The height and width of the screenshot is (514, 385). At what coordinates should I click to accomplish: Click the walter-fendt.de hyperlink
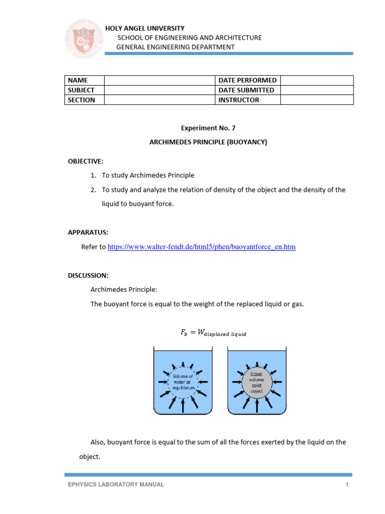click(202, 247)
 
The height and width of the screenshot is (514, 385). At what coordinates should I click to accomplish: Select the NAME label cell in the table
click(84, 80)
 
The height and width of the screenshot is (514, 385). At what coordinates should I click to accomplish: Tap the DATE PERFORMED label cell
click(247, 80)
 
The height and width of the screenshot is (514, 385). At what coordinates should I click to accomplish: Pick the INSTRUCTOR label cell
click(247, 100)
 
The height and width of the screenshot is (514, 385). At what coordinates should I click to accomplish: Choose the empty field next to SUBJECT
click(159, 90)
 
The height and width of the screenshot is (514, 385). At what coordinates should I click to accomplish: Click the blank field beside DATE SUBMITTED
click(317, 90)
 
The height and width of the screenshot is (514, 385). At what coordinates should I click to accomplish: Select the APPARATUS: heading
click(88, 232)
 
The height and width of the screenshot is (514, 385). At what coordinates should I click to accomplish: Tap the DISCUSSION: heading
click(88, 276)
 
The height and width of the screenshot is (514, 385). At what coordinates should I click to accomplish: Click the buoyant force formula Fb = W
click(214, 332)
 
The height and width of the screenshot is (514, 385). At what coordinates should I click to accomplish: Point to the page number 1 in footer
click(346, 484)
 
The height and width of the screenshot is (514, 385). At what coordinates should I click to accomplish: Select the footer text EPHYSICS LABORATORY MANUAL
click(116, 484)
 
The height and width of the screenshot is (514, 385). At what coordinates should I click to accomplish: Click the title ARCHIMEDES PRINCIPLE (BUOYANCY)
click(208, 142)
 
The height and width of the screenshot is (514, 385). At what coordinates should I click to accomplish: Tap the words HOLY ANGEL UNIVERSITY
click(144, 29)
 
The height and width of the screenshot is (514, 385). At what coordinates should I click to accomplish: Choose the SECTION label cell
click(84, 100)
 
